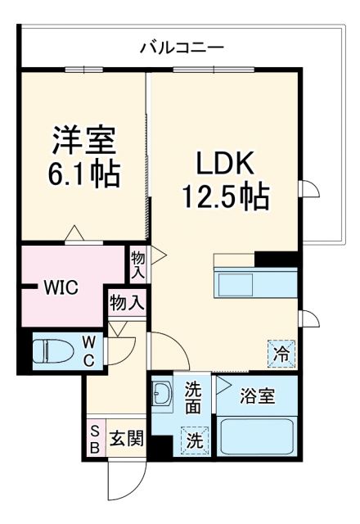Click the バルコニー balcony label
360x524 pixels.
pyautogui.click(x=181, y=47)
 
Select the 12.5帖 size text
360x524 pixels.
pyautogui.click(x=221, y=197)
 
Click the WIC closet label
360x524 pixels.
pyautogui.click(x=61, y=287)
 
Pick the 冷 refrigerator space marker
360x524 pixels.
pyautogui.click(x=281, y=354)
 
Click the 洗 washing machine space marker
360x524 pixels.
pyautogui.click(x=194, y=440)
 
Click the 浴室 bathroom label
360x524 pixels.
pyautogui.click(x=257, y=395)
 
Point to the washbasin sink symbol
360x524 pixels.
pyautogui.click(x=161, y=397)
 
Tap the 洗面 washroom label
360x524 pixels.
pyautogui.click(x=193, y=396)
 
